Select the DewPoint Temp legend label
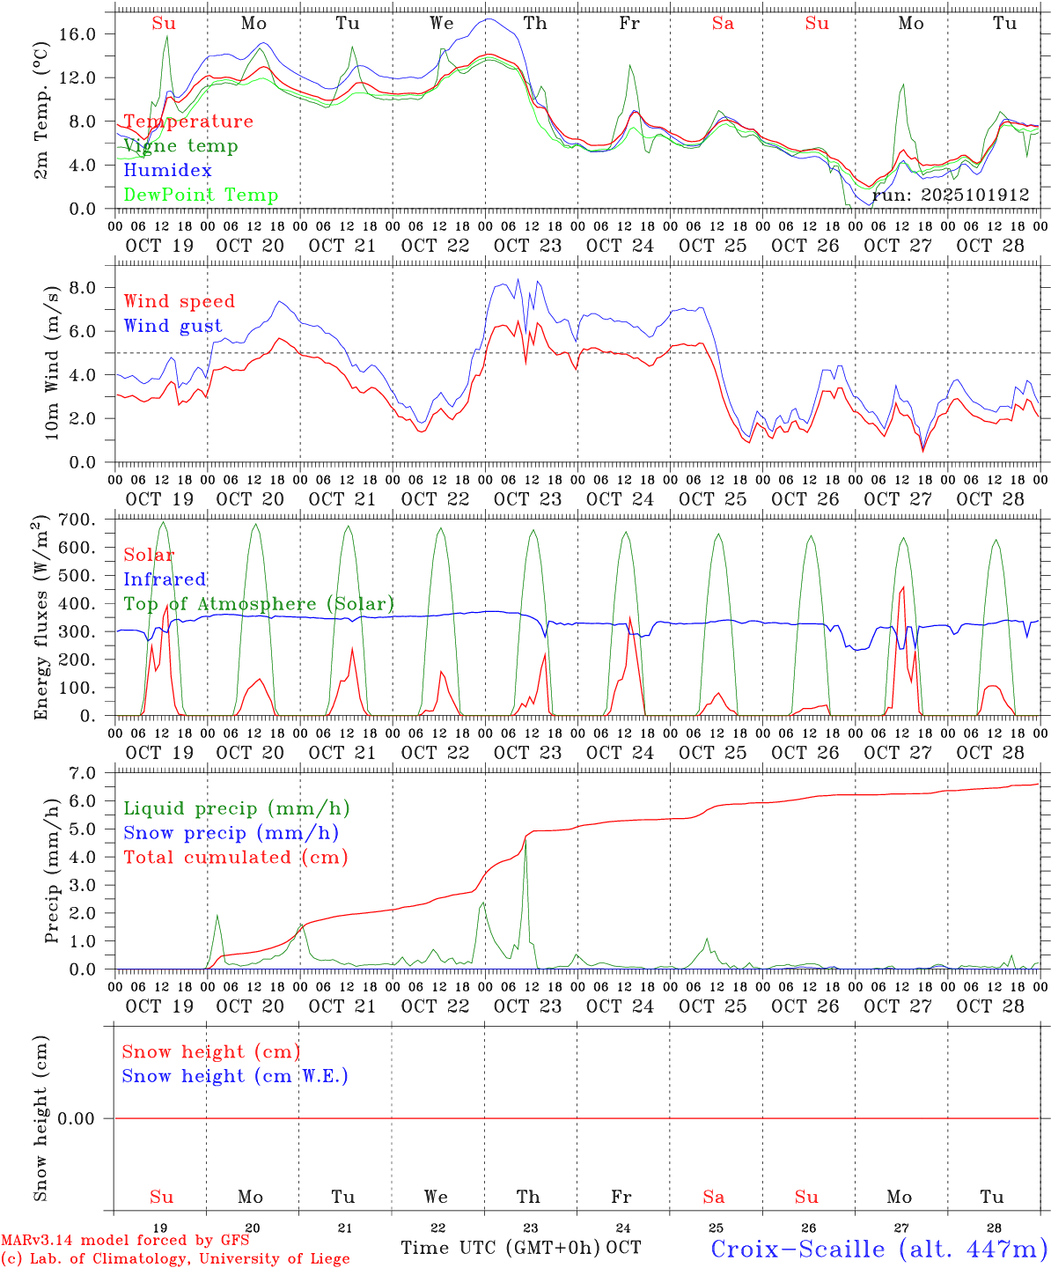click(201, 195)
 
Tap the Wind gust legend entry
click(173, 326)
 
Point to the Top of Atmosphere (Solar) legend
click(259, 604)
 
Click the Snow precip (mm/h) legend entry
click(231, 833)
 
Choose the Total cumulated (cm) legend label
click(235, 858)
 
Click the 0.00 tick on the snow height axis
click(88, 1118)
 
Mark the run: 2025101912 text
click(951, 195)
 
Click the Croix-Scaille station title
click(878, 1249)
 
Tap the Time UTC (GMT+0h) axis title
click(500, 1248)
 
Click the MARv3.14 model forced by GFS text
click(125, 1240)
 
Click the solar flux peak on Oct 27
click(902, 587)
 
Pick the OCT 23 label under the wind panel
click(527, 499)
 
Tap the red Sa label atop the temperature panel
click(723, 24)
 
